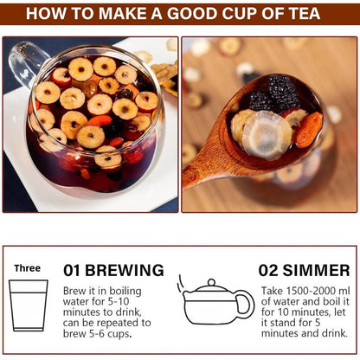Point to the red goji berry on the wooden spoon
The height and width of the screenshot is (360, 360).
coord(309,130)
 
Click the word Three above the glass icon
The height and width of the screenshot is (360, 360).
coord(28,268)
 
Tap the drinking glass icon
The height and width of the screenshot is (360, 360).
coord(28,305)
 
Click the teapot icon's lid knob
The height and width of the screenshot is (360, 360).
coord(211,282)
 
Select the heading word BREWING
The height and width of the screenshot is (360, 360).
coord(125,270)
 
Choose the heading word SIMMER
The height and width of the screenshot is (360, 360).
coord(316,270)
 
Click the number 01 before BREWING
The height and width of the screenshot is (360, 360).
coord(72,270)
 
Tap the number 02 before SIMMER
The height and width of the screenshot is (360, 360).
coord(268,270)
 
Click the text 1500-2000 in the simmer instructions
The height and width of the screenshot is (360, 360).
coord(309,291)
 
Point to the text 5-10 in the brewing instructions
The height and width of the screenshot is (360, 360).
coord(119,301)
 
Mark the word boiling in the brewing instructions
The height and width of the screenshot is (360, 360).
coord(125,292)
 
